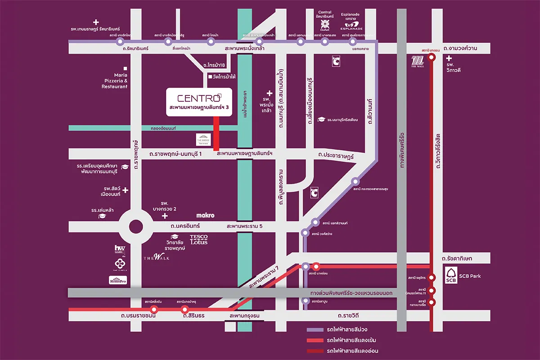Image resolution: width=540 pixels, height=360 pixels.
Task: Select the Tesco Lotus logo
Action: click(x=198, y=239)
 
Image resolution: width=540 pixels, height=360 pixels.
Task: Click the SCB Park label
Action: click(x=469, y=276)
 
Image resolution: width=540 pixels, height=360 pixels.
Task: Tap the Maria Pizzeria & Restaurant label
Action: click(x=114, y=81)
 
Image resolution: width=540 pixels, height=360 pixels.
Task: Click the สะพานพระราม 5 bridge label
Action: click(x=245, y=226)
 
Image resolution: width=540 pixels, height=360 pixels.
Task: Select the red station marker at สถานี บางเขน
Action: click(x=432, y=57)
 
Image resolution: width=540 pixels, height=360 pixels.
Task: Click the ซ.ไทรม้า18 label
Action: click(x=213, y=66)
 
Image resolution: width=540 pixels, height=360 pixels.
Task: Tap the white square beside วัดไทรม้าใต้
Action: click(x=210, y=77)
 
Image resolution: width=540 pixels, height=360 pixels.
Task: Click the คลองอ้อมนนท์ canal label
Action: click(x=165, y=129)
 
